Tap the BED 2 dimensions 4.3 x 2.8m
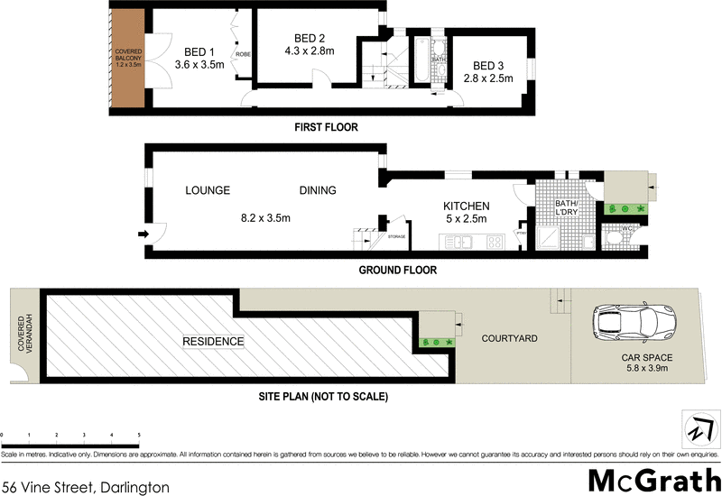click(x=310, y=51)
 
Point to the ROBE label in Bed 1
click(x=243, y=55)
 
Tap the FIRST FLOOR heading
click(x=326, y=128)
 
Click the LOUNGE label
click(x=208, y=190)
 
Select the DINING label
click(x=318, y=190)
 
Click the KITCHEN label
click(x=466, y=206)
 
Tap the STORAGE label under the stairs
click(x=396, y=236)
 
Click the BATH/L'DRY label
click(x=566, y=209)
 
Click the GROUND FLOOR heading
click(x=398, y=270)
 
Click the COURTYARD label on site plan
click(x=509, y=338)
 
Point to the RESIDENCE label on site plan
click(x=213, y=341)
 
